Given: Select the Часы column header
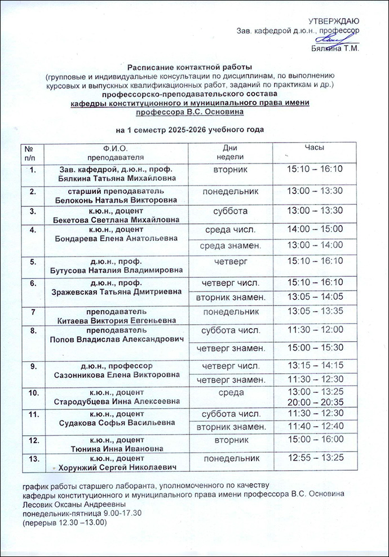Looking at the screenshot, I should tap(314, 147).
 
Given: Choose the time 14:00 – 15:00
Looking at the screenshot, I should tap(315, 229).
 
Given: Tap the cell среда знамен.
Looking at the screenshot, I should tap(231, 245).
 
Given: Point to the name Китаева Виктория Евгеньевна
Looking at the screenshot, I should tap(116, 320).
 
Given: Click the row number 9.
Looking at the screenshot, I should tap(33, 367).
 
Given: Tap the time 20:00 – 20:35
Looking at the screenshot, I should tap(315, 401).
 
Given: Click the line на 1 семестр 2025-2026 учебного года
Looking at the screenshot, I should tap(189, 130).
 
